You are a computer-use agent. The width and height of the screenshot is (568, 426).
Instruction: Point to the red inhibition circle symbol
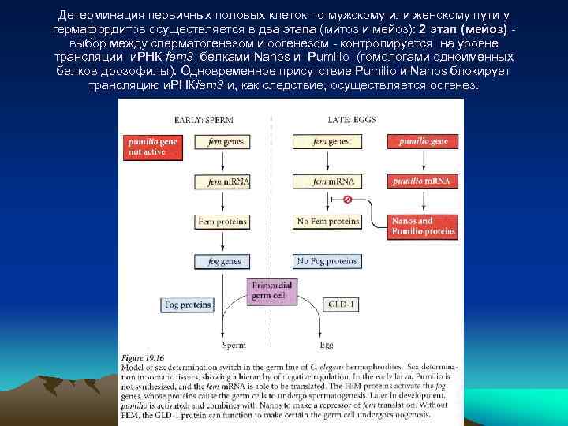pos(348,200)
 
